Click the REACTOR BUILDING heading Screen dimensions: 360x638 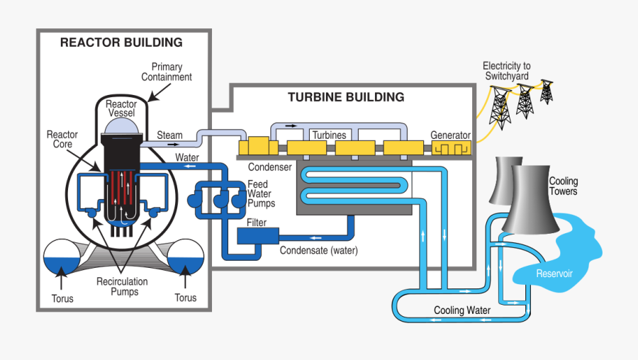pos(121,43)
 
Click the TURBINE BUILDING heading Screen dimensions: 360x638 pos(346,97)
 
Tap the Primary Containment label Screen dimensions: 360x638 pos(167,72)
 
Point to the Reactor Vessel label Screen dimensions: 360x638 pos(121,108)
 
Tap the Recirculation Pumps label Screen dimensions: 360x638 pos(122,286)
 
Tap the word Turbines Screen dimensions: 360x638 pos(329,135)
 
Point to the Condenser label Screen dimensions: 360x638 pos(269,167)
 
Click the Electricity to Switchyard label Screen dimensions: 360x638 pos(506,71)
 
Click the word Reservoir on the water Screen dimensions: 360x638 pos(554,274)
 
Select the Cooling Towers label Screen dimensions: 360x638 pos(564,186)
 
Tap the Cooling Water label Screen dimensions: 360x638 pos(462,310)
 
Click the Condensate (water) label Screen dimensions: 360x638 pos(319,250)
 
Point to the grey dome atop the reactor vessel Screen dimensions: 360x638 pos(121,126)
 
